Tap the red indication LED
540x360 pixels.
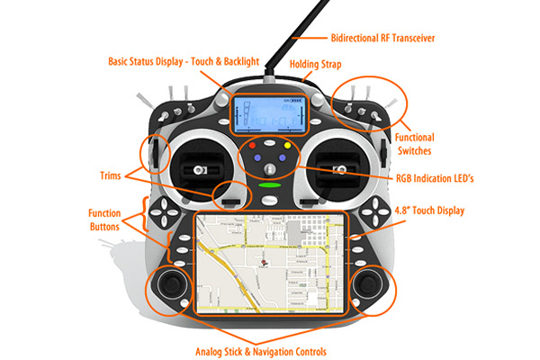point(254,144)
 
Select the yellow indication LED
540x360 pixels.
point(287,144)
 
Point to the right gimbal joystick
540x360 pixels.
point(345,167)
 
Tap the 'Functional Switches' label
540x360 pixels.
point(415,144)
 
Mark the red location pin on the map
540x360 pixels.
point(261,263)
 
